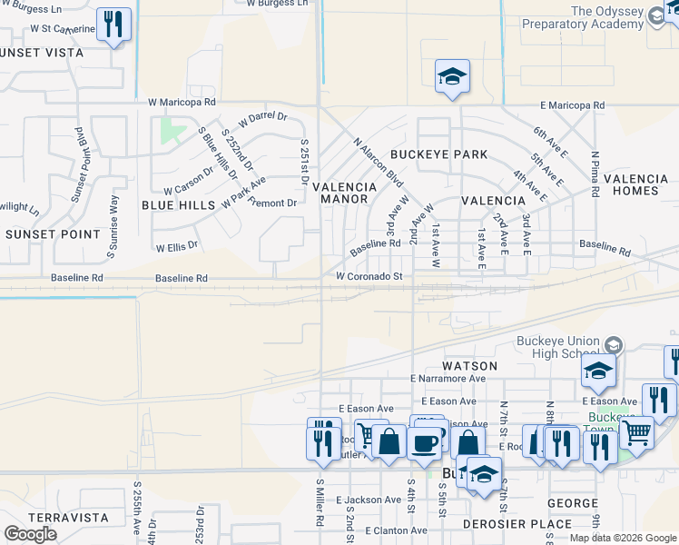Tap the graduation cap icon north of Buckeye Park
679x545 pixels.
coord(451,77)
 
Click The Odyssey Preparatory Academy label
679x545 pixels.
coord(619,18)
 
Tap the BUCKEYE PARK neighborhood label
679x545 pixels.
coord(438,154)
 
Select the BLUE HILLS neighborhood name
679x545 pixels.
coord(178,205)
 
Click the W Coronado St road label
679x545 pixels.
coord(369,275)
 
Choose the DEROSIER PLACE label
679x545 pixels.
coord(517,524)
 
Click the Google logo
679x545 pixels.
coord(30,534)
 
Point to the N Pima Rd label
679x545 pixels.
coord(595,173)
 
